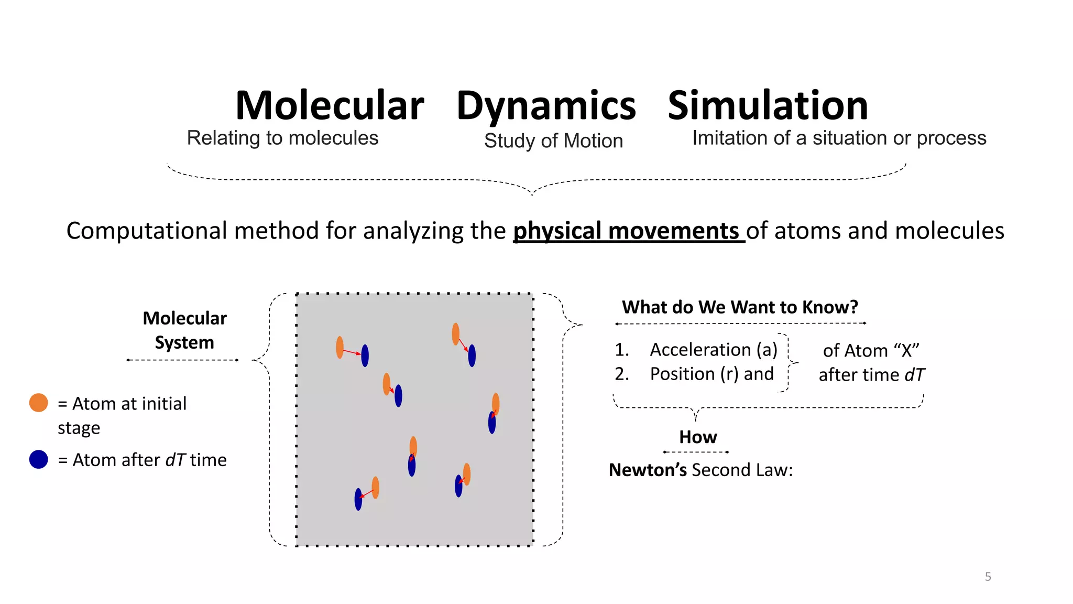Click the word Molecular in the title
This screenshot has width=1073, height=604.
pos(330,106)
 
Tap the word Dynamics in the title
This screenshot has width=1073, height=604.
pos(546,106)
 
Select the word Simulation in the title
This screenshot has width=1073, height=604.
pos(768,106)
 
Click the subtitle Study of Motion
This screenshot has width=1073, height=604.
pos(553,141)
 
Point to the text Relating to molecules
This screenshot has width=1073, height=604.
pos(282,138)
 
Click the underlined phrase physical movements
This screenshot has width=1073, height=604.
pos(628,231)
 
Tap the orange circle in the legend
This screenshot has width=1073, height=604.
pos(39,403)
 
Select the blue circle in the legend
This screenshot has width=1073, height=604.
pos(39,459)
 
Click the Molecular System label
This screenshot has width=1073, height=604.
pos(184,330)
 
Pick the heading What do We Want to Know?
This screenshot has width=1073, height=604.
pos(740,307)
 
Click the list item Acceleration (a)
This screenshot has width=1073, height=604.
pos(713,350)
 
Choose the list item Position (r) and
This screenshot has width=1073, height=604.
pos(711,374)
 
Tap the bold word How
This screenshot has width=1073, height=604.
pos(697,437)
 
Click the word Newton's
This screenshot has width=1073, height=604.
pos(648,470)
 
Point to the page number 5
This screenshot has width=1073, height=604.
pos(988,577)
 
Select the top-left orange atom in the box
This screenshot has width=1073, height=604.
pos(340,347)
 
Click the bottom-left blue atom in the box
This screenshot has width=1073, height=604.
pos(358,499)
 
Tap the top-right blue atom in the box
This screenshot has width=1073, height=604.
pos(472,355)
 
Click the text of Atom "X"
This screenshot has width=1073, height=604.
pos(871,350)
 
